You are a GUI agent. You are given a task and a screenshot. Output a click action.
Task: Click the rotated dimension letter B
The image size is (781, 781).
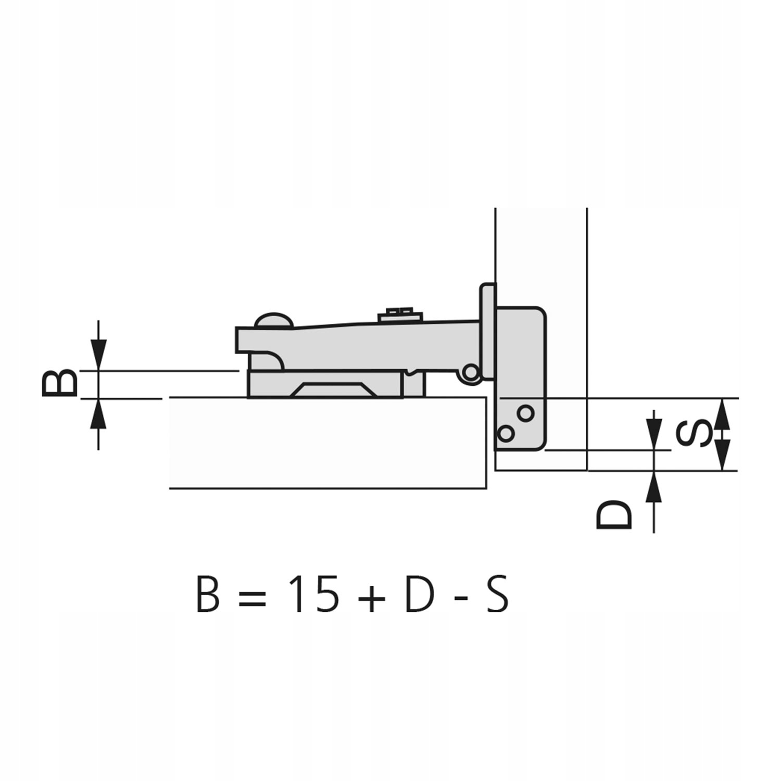pos(60,383)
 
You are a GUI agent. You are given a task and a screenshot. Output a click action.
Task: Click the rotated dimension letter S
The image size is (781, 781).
pos(694,434)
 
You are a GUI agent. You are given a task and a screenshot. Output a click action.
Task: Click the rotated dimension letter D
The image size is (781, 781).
pos(614,515)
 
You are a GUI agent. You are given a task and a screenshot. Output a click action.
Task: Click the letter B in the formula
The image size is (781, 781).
pos(208,594)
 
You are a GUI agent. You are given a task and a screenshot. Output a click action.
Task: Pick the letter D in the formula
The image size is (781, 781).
pos(419,594)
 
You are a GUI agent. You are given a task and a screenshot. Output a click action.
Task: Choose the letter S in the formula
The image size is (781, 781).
pos(497,594)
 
